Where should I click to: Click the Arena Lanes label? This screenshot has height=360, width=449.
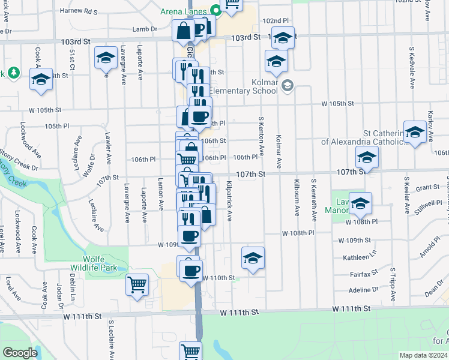184,11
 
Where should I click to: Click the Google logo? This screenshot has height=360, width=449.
20,353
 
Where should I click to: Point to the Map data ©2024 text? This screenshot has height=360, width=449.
424,355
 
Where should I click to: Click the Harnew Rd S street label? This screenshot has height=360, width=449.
78,11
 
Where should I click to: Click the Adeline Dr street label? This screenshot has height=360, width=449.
365,289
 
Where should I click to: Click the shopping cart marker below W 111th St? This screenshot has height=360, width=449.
191,350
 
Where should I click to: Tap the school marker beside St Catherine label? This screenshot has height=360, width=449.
415,132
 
